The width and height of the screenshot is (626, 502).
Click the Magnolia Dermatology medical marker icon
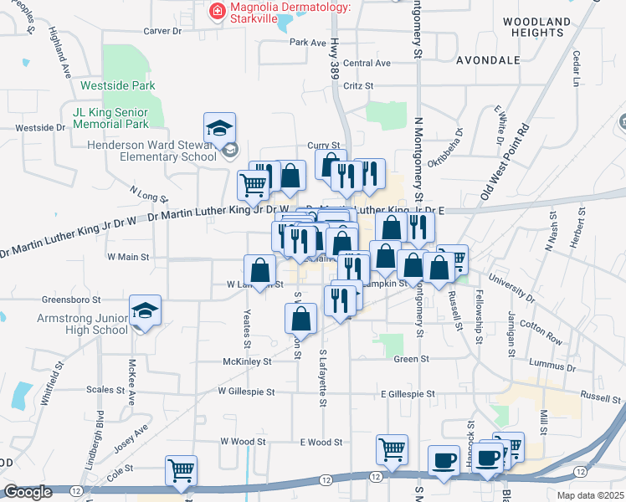click(216, 12)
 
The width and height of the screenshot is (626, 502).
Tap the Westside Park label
click(118, 85)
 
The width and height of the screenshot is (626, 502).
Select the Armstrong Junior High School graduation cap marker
click(145, 311)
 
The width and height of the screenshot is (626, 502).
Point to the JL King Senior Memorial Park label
click(110, 118)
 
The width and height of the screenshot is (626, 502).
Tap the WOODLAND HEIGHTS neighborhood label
click(534, 26)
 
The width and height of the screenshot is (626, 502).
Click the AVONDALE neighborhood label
click(483, 60)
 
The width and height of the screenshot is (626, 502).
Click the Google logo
click(28, 492)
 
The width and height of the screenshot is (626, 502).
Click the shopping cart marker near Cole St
click(181, 470)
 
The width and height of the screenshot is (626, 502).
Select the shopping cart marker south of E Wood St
click(392, 449)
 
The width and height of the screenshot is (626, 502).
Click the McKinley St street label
click(248, 361)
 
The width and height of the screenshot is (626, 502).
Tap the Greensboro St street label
click(71, 299)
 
